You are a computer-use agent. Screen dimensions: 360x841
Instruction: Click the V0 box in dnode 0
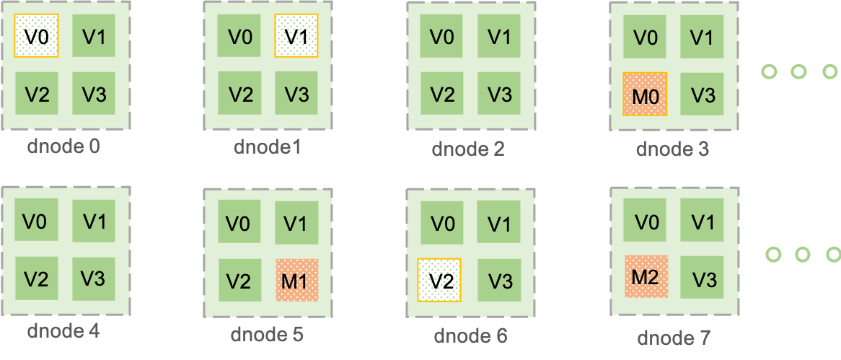coord(36,35)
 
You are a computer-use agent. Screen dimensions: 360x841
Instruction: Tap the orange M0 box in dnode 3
coord(645,94)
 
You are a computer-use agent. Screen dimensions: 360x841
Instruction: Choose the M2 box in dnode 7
coord(646,277)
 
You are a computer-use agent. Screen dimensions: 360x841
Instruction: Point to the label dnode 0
coord(63,146)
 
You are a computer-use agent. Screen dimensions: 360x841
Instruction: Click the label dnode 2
coord(468,149)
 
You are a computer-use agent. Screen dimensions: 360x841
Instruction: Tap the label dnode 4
coord(63,332)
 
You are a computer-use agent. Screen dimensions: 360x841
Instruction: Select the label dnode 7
coord(674,337)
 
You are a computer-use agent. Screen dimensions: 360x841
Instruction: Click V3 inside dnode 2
coord(499,94)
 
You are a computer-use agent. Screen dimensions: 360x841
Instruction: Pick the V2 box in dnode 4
coord(36,278)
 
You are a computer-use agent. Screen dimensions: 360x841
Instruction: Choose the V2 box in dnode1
coord(239,94)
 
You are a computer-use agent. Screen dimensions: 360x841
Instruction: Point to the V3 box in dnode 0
coord(94,94)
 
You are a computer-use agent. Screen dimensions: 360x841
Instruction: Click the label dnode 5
coord(267,335)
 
